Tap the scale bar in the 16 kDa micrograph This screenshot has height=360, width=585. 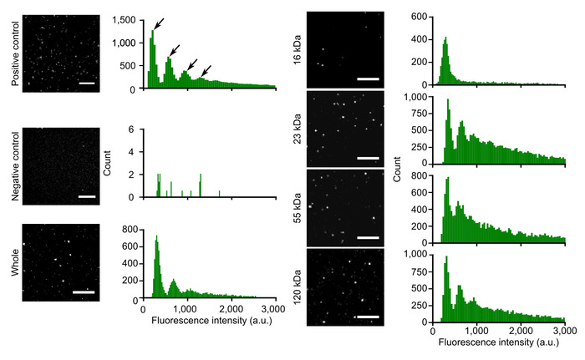(x=368, y=79)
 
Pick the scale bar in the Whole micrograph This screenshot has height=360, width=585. (x=84, y=292)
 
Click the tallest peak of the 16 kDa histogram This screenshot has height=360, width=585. (x=446, y=38)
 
